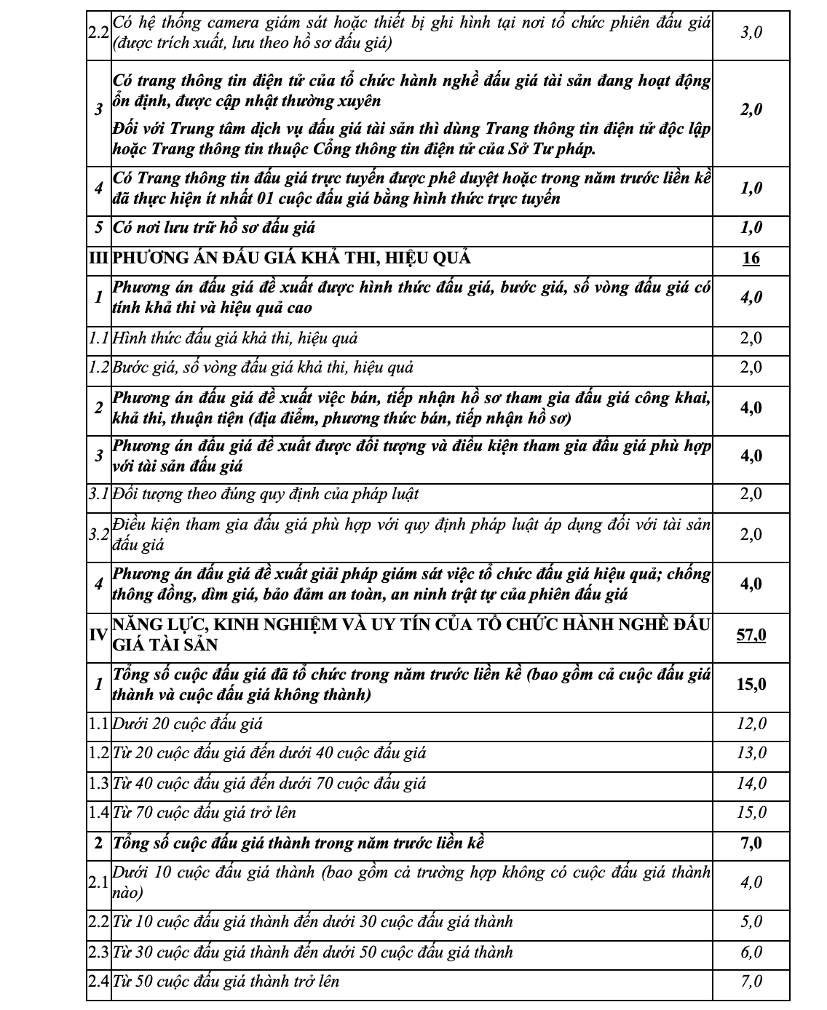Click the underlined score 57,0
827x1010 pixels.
pos(751,635)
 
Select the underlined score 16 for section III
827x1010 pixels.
pos(751,258)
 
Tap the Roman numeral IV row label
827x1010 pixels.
pos(98,635)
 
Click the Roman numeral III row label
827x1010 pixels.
pos(98,258)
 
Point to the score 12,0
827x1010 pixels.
pos(751,724)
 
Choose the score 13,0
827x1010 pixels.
pos(751,753)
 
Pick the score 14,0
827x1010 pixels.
pos(751,783)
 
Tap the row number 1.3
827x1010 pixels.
pos(98,783)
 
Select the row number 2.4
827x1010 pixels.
pos(98,981)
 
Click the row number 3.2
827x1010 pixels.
pos(98,535)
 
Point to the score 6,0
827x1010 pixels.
pos(751,952)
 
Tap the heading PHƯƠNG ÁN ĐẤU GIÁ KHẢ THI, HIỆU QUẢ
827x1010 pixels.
pos(291,258)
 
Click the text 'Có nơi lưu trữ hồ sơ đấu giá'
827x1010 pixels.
pos(214,228)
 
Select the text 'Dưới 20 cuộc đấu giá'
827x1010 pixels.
pos(188,724)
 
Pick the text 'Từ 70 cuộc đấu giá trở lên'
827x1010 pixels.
pos(205,813)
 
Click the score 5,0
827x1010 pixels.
pos(751,922)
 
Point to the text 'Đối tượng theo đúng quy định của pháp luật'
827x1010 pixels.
pos(266,495)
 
